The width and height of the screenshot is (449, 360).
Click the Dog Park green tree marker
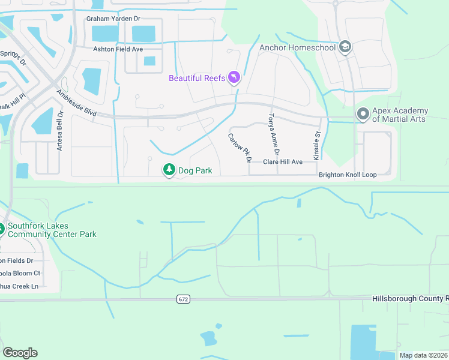pos(169,171)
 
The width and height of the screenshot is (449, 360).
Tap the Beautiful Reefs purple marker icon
pos(234,77)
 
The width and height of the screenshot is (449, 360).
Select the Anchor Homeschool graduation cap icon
pos(345,47)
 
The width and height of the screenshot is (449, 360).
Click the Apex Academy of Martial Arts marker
pos(363,114)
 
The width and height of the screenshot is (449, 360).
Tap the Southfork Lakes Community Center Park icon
pos(1,230)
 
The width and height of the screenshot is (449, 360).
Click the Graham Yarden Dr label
pos(113,19)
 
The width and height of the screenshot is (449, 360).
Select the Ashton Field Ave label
pos(118,49)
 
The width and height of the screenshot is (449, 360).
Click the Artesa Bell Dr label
pos(59,130)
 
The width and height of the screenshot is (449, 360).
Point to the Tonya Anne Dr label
pos(274,132)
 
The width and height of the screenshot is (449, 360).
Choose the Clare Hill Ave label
pos(283,162)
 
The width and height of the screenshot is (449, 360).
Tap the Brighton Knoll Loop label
pos(347,175)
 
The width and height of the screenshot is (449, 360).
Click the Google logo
pos(20,353)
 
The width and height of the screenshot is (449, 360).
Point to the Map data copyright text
pos(423,355)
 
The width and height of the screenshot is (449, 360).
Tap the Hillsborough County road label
pos(409,298)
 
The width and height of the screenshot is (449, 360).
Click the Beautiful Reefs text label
pos(197,78)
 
